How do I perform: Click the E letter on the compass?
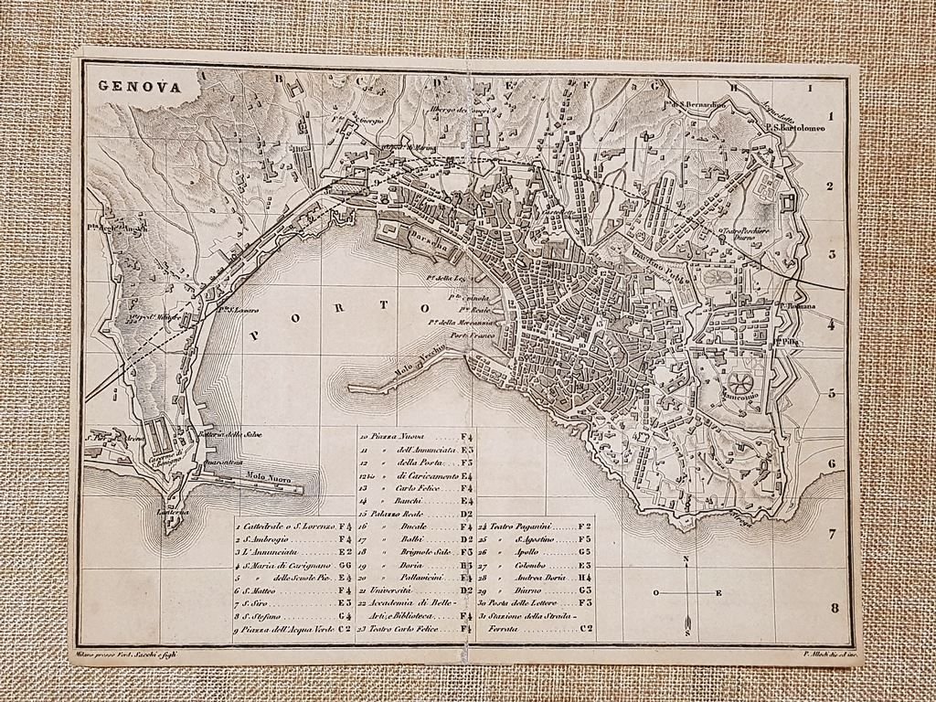coord(718,593)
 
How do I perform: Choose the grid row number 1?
coord(832,117)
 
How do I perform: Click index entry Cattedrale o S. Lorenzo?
coord(283,527)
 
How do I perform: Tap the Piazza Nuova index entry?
coord(400,439)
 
